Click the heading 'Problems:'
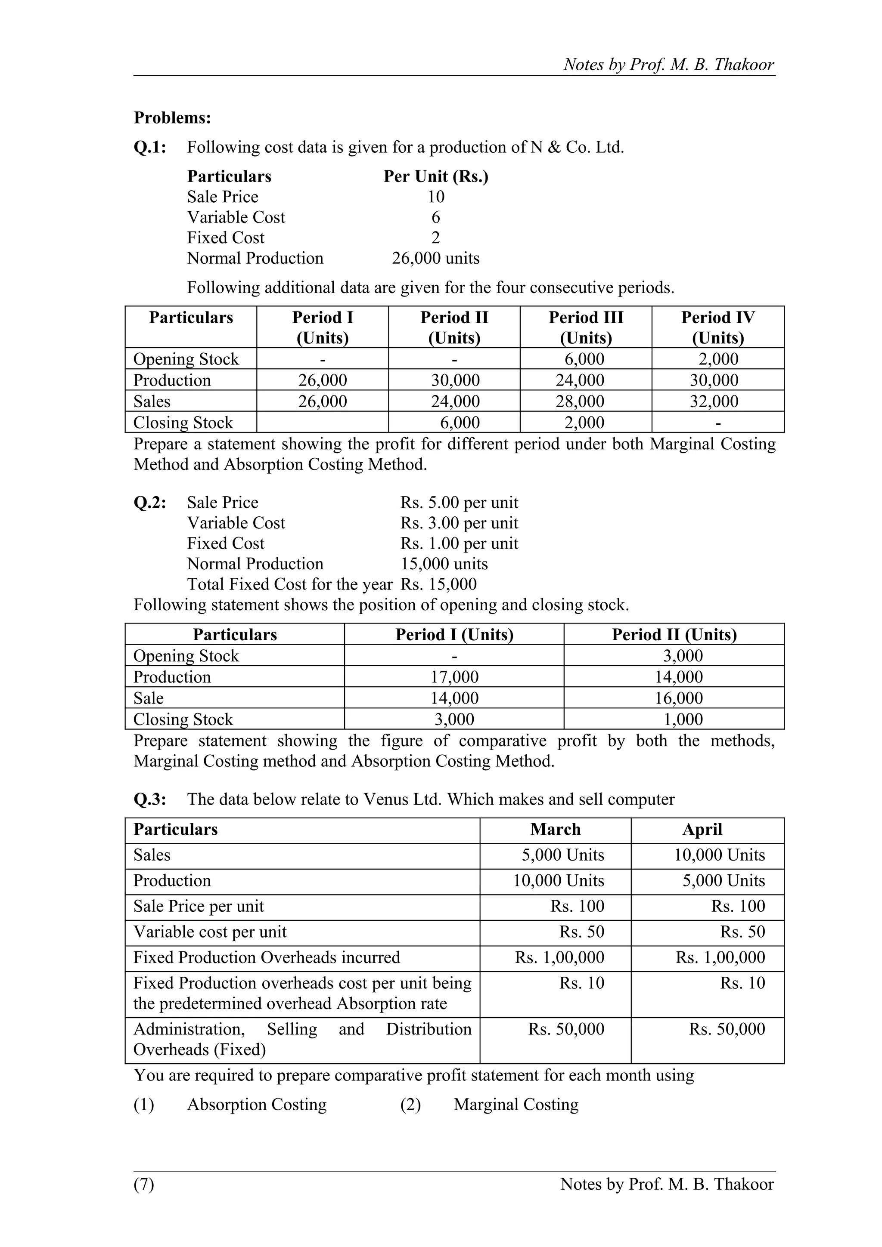click(172, 118)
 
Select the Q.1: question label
click(150, 147)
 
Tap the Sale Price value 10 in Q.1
click(436, 197)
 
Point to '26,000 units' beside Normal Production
click(436, 258)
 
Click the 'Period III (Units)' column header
click(586, 327)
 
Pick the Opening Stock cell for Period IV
click(718, 359)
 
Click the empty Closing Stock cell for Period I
click(322, 423)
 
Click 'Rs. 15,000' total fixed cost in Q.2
click(438, 584)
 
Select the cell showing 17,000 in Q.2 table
click(454, 677)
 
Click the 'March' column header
click(556, 829)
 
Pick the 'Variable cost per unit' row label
click(210, 932)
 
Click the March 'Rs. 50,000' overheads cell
click(566, 1029)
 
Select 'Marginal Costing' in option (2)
click(516, 1105)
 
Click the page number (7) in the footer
click(144, 1184)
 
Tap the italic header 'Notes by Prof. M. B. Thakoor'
click(668, 65)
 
